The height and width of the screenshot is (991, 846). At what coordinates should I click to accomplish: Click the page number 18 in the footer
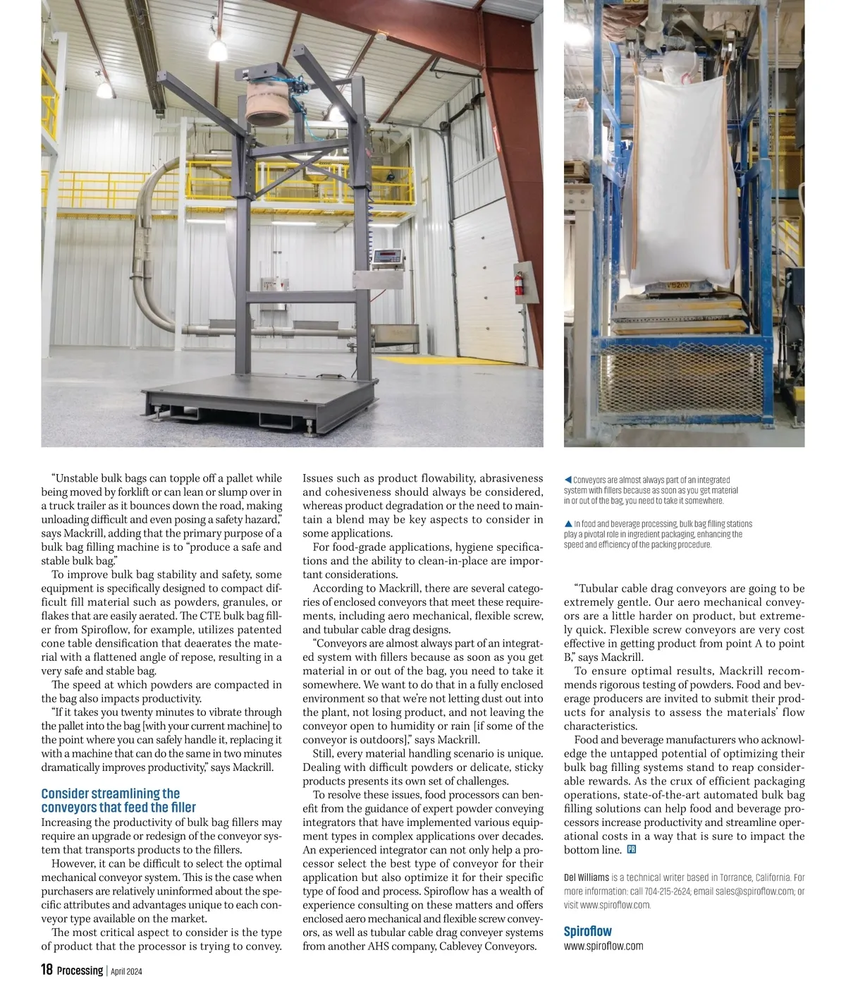pos(47,970)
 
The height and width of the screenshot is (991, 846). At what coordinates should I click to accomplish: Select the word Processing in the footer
pos(80,971)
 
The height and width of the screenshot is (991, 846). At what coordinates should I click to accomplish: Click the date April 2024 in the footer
pos(127,971)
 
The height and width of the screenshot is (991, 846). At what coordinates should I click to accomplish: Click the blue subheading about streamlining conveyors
pos(118,801)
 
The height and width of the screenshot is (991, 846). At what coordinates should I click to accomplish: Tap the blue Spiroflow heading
pos(587,931)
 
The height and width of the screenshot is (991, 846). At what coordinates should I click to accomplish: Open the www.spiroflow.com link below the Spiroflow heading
pos(603,946)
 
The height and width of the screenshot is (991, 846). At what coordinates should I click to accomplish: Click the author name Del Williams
pos(587,877)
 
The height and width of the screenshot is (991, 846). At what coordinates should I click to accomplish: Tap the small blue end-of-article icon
pos(631,850)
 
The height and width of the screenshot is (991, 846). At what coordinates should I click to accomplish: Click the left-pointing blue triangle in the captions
pos(568,480)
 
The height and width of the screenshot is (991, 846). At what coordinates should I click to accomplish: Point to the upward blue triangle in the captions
pos(568,524)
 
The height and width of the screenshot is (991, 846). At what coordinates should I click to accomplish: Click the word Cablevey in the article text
pos(462,947)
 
